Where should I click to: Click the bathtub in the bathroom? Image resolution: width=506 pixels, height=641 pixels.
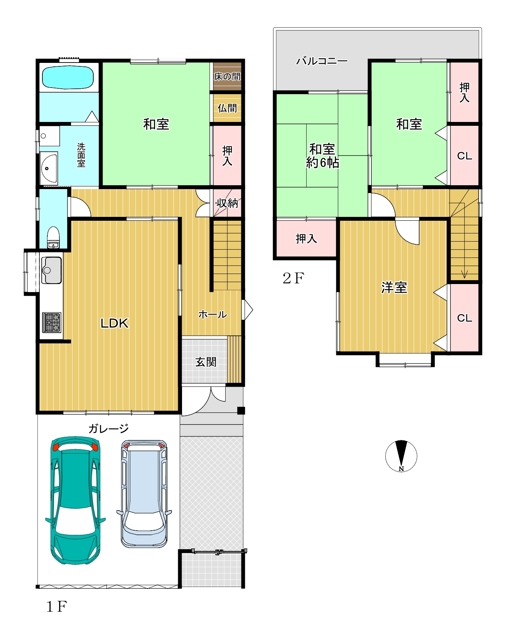68,78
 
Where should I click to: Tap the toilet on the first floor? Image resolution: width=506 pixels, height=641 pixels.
53,237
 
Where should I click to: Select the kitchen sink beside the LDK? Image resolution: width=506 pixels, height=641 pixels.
52,270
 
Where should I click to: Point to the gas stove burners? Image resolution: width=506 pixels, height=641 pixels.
52,323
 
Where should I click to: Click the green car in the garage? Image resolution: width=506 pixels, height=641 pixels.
76,501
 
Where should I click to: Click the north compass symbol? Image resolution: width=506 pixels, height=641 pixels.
401,456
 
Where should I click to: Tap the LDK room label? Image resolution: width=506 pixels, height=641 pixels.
115,323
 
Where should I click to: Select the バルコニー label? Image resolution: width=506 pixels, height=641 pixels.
322,61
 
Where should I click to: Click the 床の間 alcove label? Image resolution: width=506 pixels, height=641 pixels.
227,76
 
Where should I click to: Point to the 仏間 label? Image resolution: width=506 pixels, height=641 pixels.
227,108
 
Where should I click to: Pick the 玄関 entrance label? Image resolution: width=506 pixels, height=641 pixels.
206,362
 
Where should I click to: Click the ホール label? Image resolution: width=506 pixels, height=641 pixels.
213,315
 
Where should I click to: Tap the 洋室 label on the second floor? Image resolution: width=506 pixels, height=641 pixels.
394,288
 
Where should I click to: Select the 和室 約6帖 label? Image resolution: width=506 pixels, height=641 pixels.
322,156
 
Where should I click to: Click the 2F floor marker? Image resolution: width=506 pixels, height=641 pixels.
293,278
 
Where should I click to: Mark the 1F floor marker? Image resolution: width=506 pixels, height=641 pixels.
57,607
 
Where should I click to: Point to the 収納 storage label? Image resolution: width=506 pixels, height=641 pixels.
227,203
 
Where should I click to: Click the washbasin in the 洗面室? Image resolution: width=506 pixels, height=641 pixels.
49,168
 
